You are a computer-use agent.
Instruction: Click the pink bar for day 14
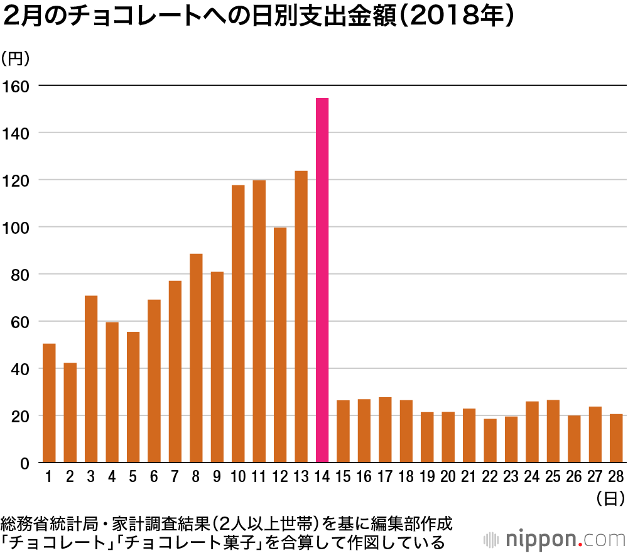322,280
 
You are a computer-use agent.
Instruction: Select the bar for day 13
301,317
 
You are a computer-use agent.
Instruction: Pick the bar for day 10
238,324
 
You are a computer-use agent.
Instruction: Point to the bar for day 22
490,441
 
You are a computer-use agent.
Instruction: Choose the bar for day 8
196,358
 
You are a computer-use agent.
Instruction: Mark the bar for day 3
91,379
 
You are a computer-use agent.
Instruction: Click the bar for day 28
616,438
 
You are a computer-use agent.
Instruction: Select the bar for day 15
343,431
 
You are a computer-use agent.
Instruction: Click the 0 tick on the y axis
25,463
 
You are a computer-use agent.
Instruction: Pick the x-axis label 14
322,477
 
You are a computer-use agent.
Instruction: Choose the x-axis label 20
448,477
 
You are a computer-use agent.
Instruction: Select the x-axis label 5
133,477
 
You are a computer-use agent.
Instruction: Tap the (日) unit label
609,498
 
